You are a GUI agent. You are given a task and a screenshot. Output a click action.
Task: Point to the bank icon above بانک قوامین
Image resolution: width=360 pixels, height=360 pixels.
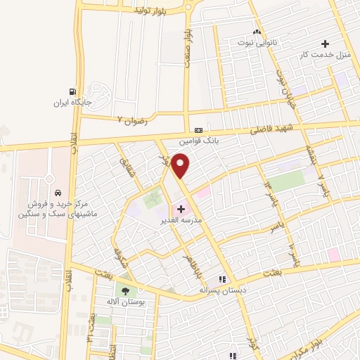tap(199, 130)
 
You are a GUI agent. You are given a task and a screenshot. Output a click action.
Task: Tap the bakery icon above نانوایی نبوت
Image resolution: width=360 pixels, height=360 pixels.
tap(257, 32)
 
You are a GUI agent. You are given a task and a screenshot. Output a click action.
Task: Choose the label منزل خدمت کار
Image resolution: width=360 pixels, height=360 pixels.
tap(325, 53)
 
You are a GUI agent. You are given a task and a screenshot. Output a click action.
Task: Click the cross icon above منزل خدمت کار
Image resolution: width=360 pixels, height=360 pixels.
tap(325, 44)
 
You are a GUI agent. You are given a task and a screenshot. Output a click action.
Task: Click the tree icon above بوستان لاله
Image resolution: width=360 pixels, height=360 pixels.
tap(126, 290)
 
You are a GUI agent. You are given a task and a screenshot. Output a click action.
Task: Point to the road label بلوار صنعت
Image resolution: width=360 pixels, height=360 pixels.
tap(187, 49)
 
